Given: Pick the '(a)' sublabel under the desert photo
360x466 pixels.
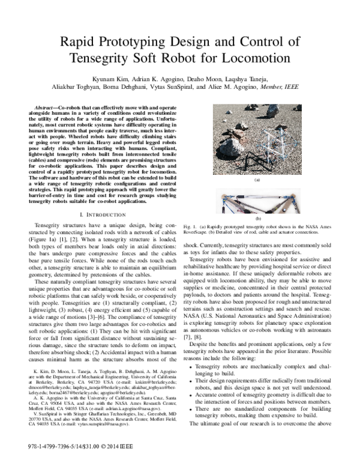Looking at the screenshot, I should pos(257,180).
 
